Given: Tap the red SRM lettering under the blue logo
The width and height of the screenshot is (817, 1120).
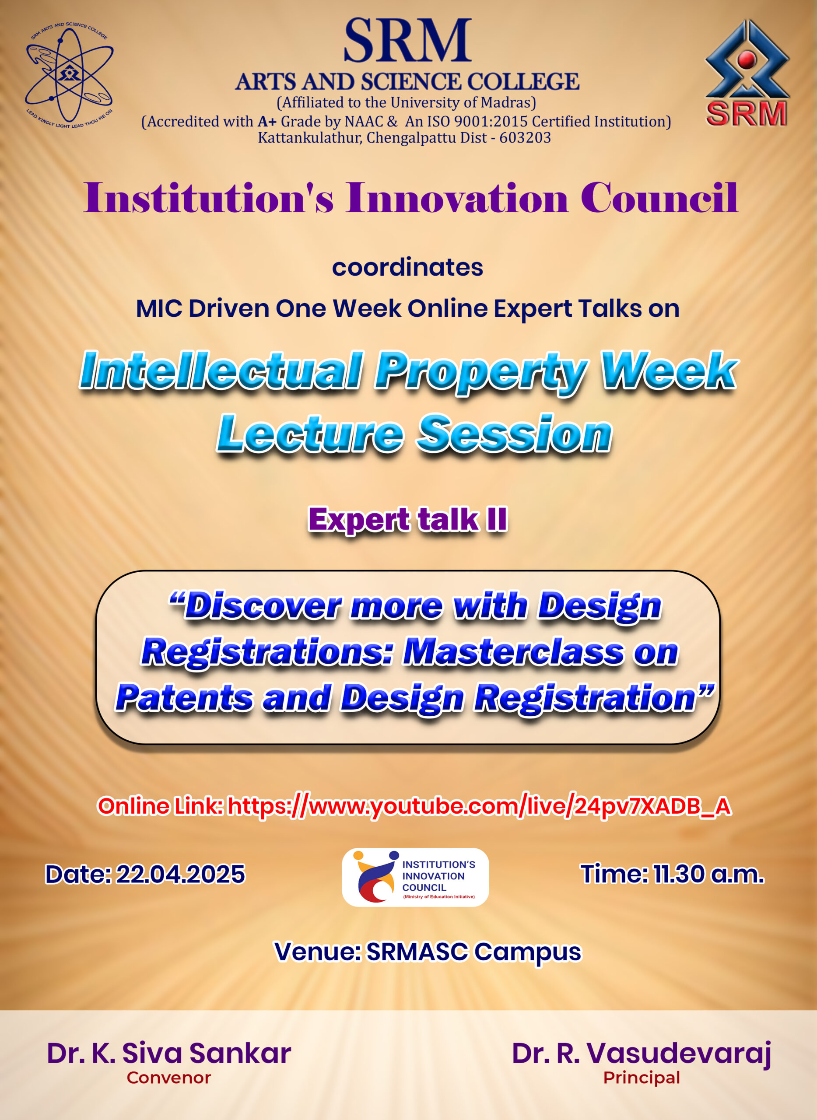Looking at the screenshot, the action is [x=746, y=113].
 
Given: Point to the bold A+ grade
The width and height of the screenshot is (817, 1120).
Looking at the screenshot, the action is [x=267, y=121].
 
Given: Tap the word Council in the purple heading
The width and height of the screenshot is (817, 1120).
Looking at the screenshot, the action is [x=659, y=198].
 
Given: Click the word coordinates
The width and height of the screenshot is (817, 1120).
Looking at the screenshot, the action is [x=407, y=267].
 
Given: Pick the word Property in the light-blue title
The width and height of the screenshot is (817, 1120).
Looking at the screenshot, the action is [x=481, y=372].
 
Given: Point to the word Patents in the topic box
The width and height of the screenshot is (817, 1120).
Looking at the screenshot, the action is [x=184, y=698].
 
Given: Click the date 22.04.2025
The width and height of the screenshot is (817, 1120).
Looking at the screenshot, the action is [x=180, y=874].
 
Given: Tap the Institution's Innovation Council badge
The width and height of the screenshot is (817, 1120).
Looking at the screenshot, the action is [x=415, y=878].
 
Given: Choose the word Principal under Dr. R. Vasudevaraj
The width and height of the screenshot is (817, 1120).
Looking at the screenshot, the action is [x=642, y=1078].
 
